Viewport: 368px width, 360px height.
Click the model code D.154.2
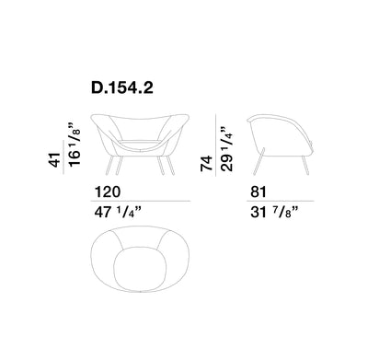122,88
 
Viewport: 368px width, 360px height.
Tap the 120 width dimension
108,192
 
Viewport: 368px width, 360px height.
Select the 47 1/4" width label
118,212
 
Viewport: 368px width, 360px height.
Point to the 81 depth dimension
259,192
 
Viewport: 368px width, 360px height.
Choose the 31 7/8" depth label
274,212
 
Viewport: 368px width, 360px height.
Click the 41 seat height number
54,159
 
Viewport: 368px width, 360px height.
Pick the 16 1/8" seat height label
75,145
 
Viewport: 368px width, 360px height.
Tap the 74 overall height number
206,163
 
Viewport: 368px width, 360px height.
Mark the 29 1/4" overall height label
226,148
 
